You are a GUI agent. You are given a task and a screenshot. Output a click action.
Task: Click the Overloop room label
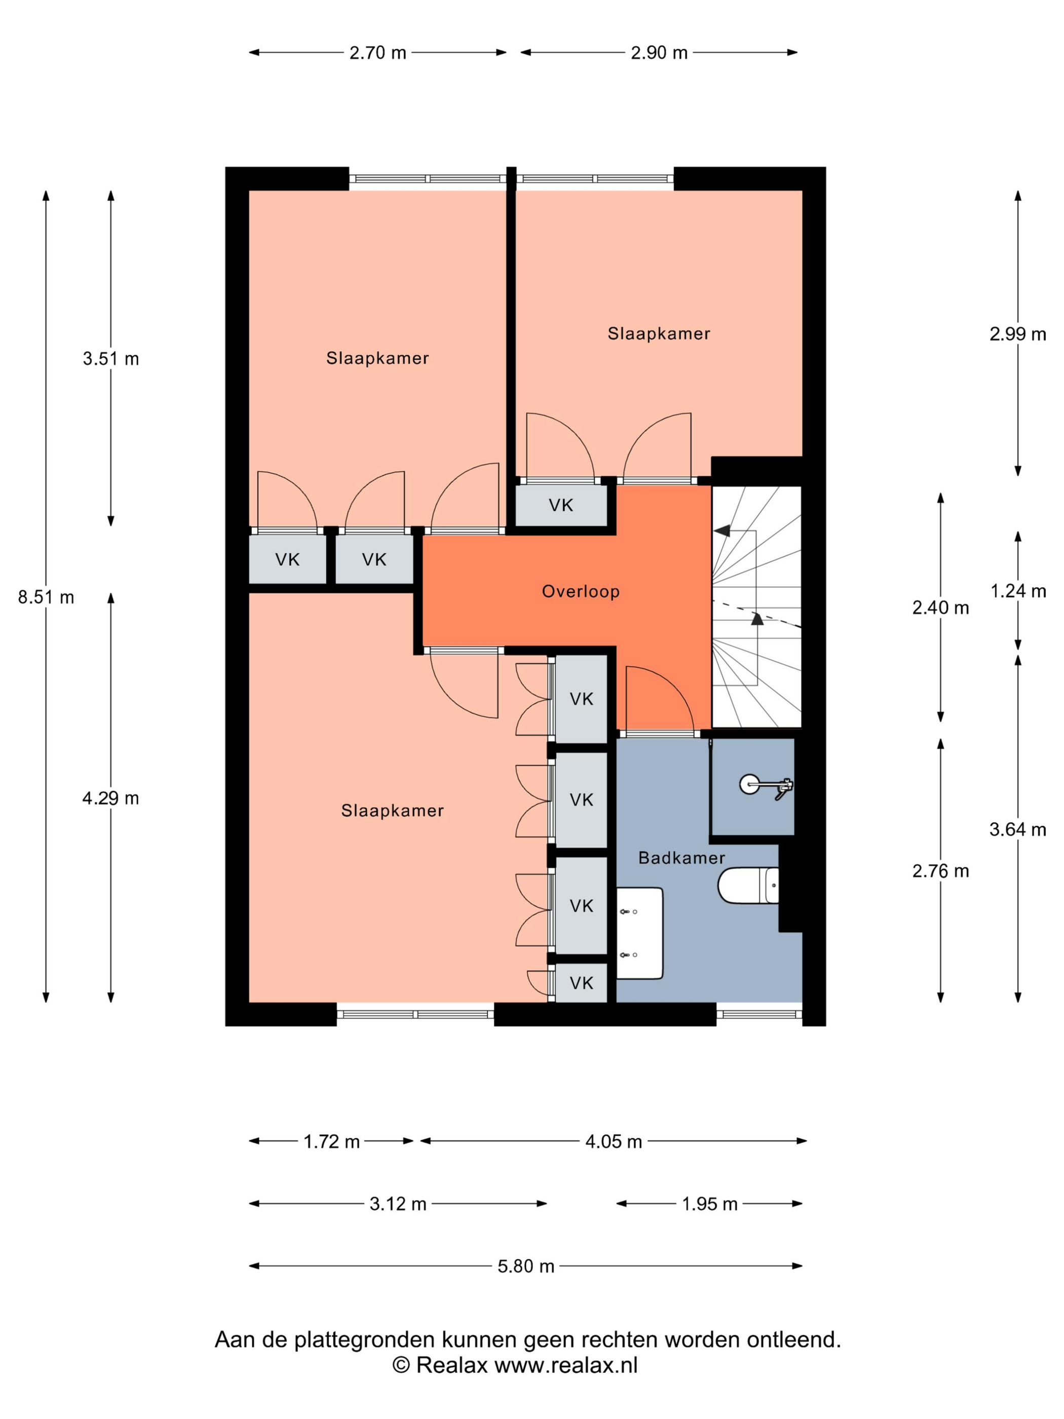(x=581, y=591)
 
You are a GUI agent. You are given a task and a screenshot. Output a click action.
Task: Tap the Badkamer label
(x=682, y=857)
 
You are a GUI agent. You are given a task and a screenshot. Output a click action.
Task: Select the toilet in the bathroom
(x=748, y=885)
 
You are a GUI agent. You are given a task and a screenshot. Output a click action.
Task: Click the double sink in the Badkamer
(x=639, y=933)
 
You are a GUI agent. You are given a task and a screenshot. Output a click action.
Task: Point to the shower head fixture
(x=767, y=785)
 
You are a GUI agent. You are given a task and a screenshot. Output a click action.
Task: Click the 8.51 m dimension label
(x=46, y=597)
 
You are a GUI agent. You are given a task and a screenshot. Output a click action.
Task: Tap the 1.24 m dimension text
(x=1018, y=591)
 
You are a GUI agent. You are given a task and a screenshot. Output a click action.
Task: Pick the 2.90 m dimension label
(x=659, y=53)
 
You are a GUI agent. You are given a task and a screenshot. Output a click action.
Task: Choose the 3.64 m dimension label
(x=1018, y=830)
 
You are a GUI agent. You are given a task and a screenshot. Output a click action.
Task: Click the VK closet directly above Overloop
(x=561, y=505)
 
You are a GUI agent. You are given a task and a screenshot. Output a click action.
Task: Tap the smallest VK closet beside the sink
(x=581, y=983)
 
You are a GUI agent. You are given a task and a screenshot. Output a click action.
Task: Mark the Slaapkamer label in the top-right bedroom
(x=659, y=333)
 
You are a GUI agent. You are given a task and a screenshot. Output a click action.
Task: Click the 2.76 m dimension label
(x=940, y=871)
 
